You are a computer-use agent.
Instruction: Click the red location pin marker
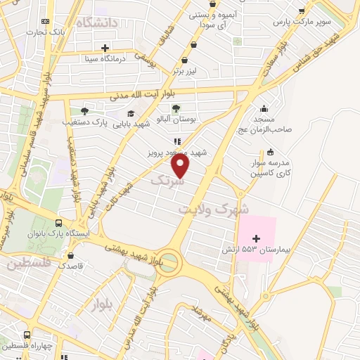point(181,165)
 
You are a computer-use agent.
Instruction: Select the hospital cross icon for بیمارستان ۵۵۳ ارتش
point(257,239)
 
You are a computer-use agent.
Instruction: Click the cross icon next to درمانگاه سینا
point(105,49)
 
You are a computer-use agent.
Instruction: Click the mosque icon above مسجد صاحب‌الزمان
point(264,108)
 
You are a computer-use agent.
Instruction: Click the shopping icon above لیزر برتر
point(184,60)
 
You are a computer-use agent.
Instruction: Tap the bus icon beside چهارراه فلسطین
point(27,335)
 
